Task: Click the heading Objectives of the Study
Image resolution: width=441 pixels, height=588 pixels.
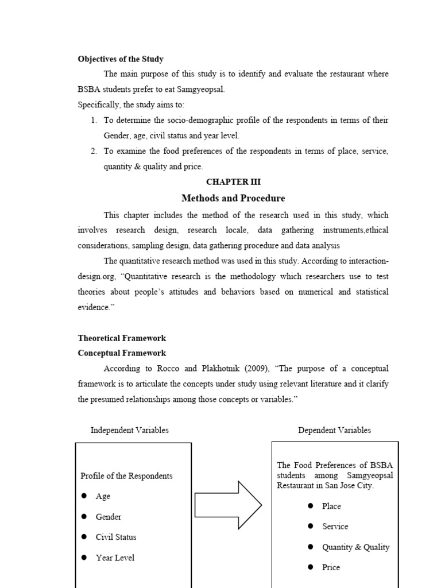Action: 121,59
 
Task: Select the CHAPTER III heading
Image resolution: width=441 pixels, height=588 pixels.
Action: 233,182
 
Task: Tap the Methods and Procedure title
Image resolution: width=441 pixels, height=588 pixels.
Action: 233,198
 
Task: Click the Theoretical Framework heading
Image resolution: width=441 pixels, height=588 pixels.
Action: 122,338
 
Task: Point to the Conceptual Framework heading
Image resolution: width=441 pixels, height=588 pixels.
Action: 122,353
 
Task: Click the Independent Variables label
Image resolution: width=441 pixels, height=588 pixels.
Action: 130,430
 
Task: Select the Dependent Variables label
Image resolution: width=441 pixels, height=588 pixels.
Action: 334,430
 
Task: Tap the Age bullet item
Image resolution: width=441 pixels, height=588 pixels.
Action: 103,496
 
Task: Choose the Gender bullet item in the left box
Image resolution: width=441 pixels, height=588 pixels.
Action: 108,517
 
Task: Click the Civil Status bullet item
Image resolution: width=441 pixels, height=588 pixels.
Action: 115,537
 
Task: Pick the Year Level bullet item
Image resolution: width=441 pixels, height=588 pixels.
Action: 115,558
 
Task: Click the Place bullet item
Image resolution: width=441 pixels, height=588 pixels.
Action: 331,506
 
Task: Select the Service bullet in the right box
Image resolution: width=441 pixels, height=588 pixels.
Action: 335,526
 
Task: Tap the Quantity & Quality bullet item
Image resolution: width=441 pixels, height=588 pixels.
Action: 355,547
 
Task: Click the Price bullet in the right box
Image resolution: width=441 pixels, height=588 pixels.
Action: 331,567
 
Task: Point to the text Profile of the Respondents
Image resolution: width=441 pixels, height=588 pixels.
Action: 126,476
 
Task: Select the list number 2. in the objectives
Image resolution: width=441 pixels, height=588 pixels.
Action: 94,151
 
